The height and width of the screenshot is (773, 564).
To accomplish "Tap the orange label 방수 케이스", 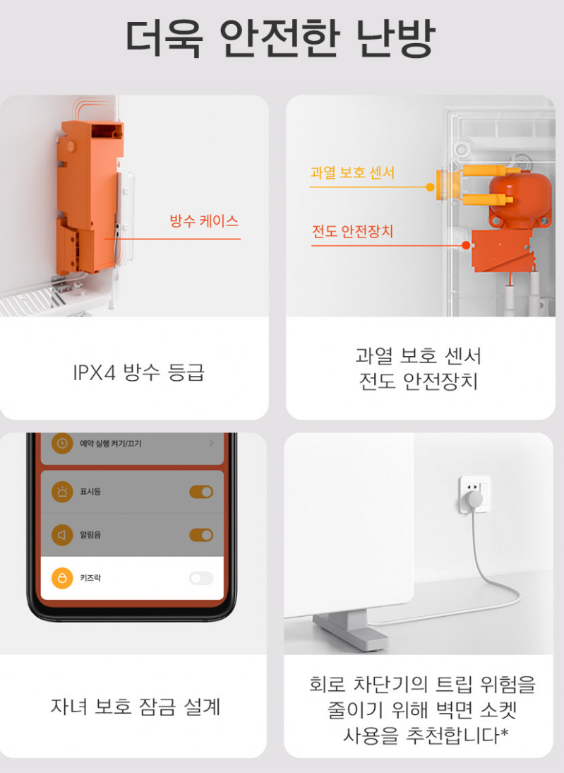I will pyautogui.click(x=204, y=221).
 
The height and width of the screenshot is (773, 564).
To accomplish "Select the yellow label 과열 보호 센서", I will pyautogui.click(x=352, y=173).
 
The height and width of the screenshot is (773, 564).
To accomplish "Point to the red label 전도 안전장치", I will pyautogui.click(x=352, y=232).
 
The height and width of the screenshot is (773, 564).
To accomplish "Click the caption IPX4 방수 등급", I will pyautogui.click(x=138, y=372).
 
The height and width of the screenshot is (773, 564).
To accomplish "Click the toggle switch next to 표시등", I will pyautogui.click(x=201, y=492).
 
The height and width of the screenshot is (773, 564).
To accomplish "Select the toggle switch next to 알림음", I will pyautogui.click(x=201, y=535).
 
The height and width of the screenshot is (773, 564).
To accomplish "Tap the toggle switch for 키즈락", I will pyautogui.click(x=201, y=579).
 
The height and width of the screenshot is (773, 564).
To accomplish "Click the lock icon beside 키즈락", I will pyautogui.click(x=62, y=579).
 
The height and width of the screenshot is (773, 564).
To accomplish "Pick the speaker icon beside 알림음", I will pyautogui.click(x=62, y=535).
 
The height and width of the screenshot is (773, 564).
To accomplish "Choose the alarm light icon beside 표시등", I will pyautogui.click(x=62, y=492).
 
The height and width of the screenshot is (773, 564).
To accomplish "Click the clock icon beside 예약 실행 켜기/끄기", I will pyautogui.click(x=62, y=444).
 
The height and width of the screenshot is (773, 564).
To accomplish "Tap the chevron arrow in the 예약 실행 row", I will pyautogui.click(x=211, y=444).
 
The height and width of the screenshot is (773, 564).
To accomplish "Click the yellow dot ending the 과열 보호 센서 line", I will pyautogui.click(x=430, y=187).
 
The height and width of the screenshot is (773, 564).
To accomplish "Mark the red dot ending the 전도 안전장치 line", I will pyautogui.click(x=466, y=245).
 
